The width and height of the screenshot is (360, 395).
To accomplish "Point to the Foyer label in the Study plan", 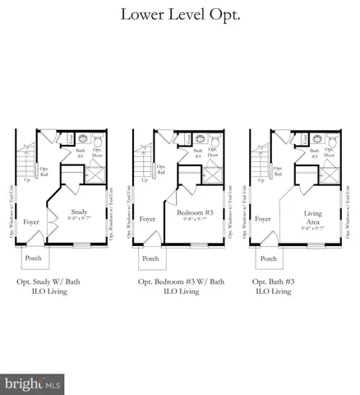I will click(x=30, y=220).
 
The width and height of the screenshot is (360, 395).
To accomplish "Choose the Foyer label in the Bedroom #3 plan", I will click(x=148, y=220).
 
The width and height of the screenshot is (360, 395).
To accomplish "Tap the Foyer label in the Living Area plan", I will click(x=263, y=220).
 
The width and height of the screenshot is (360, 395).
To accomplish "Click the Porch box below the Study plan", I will click(x=33, y=258).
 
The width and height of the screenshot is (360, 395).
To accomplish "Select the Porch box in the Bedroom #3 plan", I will click(x=150, y=258).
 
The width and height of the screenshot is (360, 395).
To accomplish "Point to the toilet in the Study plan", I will click(x=96, y=141).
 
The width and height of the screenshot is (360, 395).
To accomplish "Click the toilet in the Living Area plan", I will click(x=332, y=141).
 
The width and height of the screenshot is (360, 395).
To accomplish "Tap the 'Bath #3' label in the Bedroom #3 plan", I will click(x=198, y=152).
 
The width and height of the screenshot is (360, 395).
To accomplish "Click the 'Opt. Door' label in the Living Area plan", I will click(x=330, y=154).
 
